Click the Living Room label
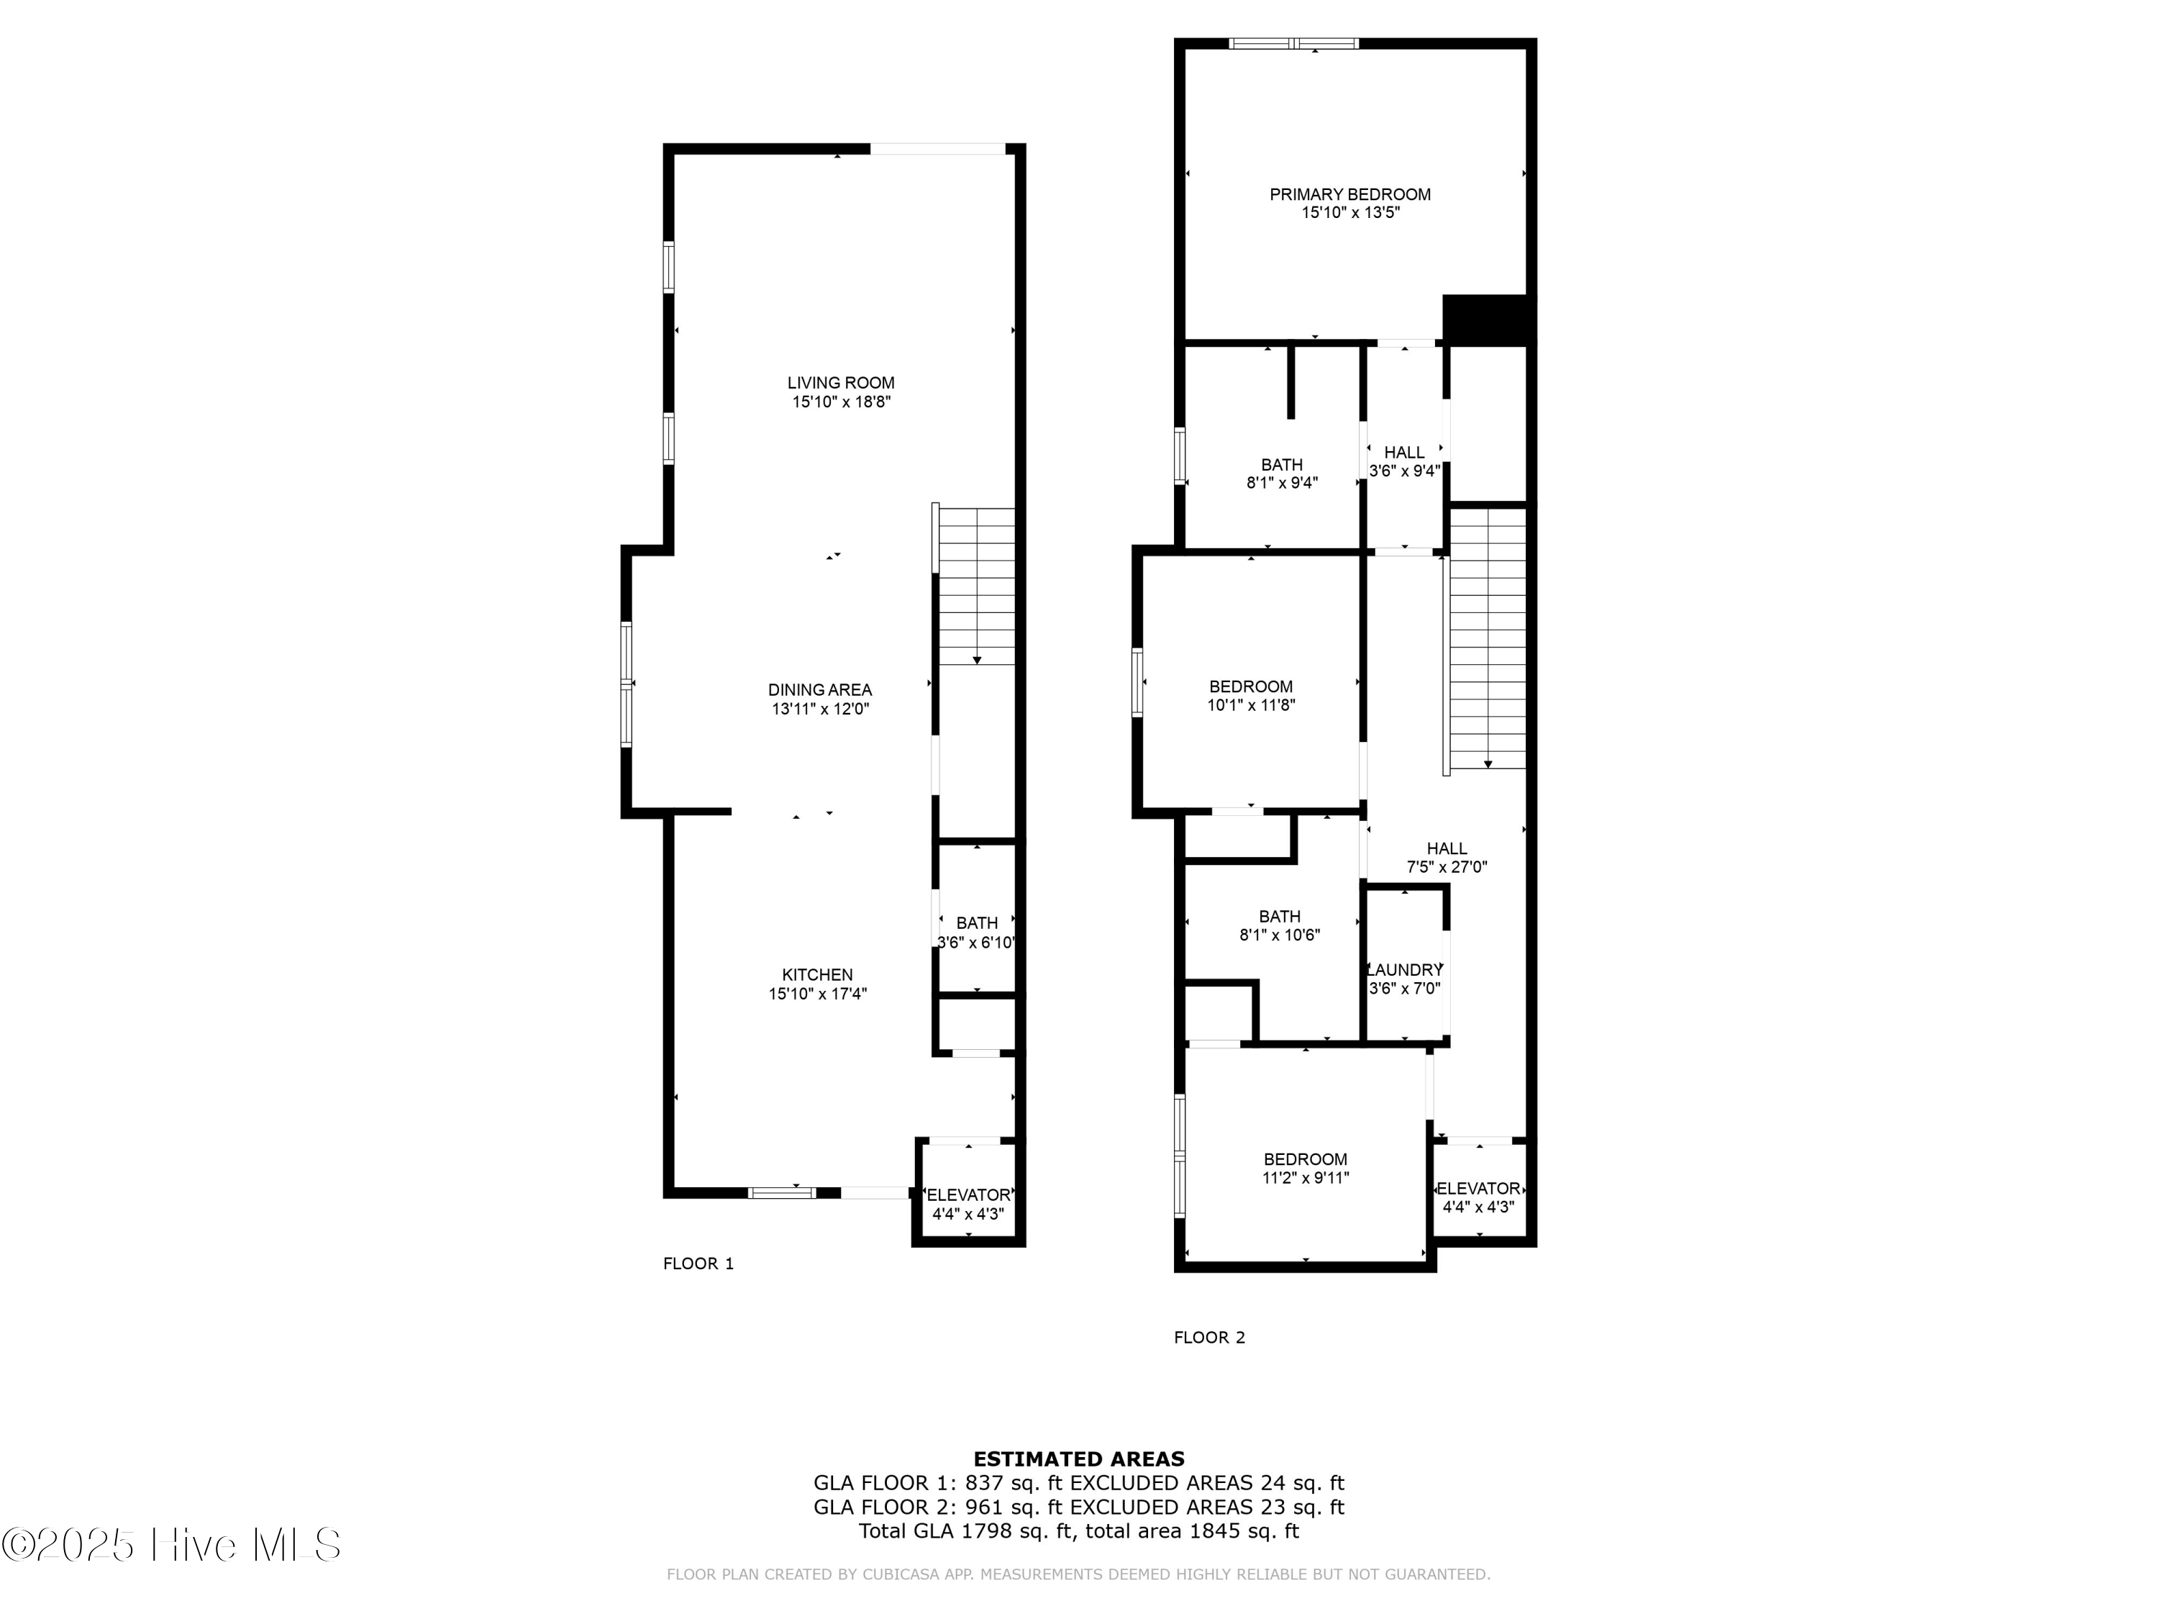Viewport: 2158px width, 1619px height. point(840,384)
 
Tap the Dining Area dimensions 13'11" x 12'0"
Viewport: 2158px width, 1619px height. point(819,709)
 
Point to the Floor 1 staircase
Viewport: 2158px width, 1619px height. point(975,586)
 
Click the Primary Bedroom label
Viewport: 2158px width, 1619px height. point(1349,195)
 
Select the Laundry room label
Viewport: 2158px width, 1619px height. point(1405,970)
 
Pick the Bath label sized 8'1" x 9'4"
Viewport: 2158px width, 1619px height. point(1281,466)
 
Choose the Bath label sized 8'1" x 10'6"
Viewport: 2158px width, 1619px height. point(1279,917)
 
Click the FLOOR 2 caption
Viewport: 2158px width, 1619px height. point(1208,1338)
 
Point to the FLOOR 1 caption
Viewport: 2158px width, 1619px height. point(698,1264)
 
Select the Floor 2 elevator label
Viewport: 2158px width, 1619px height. point(1478,1189)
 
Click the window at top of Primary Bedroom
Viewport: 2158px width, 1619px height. point(1293,43)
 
